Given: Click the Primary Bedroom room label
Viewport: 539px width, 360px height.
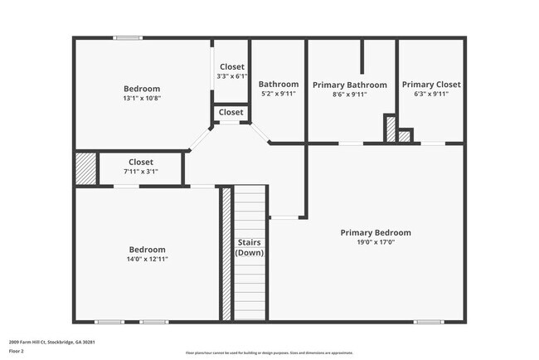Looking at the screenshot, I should tap(375, 233).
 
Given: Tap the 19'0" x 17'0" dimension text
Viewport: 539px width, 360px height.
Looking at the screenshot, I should tap(375, 243).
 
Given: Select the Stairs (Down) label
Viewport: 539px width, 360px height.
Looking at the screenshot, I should tap(250, 247).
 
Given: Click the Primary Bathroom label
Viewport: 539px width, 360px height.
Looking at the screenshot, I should tap(349, 85).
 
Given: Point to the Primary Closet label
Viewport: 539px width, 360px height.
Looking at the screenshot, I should tap(430, 85).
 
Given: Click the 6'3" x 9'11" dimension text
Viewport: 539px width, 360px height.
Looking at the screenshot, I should tap(430, 95).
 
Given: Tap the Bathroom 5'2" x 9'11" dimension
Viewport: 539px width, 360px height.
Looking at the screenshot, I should tap(278, 95).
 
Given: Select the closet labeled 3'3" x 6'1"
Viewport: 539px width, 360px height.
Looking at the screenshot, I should tap(231, 77).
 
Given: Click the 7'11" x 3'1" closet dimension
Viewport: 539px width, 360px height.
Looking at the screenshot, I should tap(141, 172).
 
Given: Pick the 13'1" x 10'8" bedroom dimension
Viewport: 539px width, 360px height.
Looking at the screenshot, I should tap(142, 99).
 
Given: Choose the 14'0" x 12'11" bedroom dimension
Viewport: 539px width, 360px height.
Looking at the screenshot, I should tap(146, 259).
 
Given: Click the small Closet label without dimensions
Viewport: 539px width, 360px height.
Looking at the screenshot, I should tap(231, 112).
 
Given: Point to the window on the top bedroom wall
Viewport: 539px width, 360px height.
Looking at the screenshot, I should tap(127, 37).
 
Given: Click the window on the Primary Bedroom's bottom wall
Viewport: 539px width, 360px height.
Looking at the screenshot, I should tap(428, 322).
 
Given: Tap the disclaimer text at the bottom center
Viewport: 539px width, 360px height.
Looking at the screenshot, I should tap(269, 353).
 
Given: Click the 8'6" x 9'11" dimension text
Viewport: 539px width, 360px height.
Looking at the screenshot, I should tap(349, 95).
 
